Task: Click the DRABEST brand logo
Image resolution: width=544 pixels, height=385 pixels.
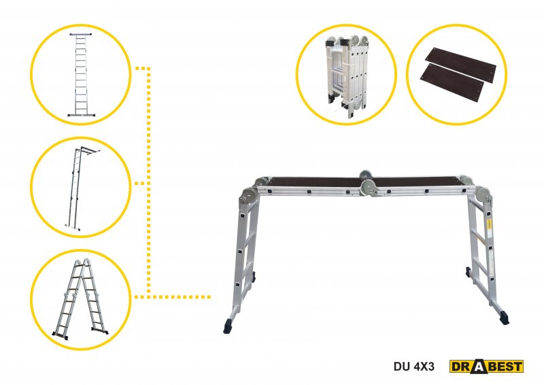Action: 486,366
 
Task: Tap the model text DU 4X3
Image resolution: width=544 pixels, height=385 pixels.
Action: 414,367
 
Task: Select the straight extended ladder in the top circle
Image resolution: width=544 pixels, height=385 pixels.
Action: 81,75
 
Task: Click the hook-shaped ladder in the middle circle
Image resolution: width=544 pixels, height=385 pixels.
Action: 82,188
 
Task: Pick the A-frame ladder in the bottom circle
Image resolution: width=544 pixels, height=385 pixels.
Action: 80,299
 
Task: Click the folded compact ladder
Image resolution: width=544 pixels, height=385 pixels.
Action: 346,76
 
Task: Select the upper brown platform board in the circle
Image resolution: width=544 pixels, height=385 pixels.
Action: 461,66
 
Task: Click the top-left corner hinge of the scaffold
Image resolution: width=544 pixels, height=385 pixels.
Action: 250,197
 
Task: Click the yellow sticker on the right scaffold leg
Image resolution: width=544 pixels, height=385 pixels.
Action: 488,223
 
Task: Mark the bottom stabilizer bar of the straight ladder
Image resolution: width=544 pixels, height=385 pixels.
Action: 81,115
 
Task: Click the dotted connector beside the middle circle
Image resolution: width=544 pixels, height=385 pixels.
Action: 141,183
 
